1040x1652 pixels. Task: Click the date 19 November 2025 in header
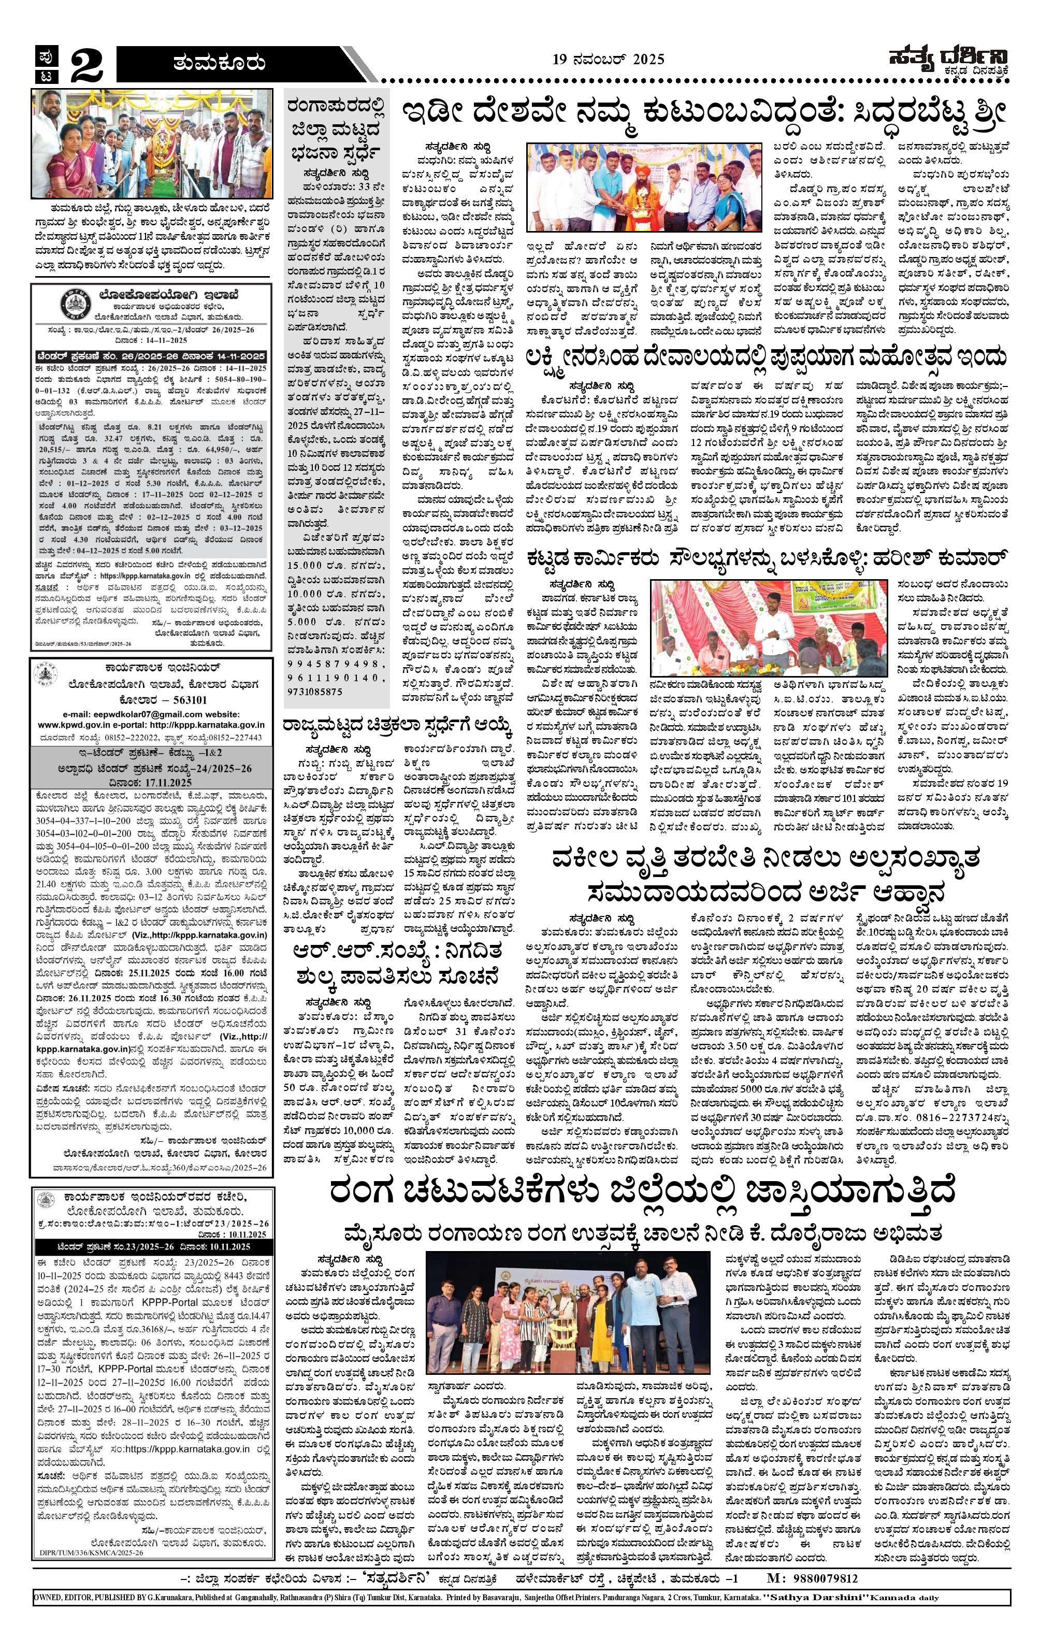pos(609,60)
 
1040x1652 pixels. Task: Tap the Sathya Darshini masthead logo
pos(949,61)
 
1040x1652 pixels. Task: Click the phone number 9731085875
pos(315,692)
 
